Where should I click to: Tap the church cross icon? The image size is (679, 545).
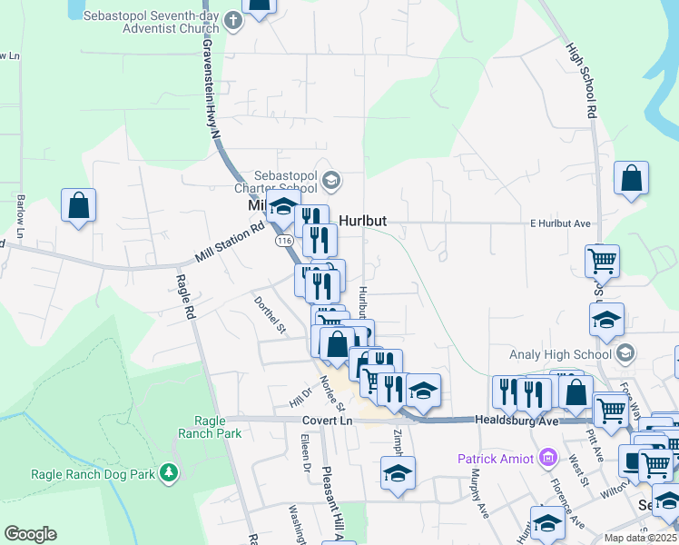coord(233,20)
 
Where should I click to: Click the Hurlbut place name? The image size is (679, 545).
coord(369,221)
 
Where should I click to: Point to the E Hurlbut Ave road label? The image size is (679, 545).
coord(560,223)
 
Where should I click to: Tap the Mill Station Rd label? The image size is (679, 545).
coord(231,244)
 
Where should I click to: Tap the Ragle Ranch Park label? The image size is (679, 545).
coord(218,427)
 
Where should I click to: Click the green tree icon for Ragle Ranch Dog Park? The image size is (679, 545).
coord(168,472)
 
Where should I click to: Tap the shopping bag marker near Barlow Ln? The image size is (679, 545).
coord(79,205)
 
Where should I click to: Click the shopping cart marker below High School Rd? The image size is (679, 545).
coord(602,263)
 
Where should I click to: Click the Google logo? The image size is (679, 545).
coord(30,534)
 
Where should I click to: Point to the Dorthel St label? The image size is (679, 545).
coord(270,313)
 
